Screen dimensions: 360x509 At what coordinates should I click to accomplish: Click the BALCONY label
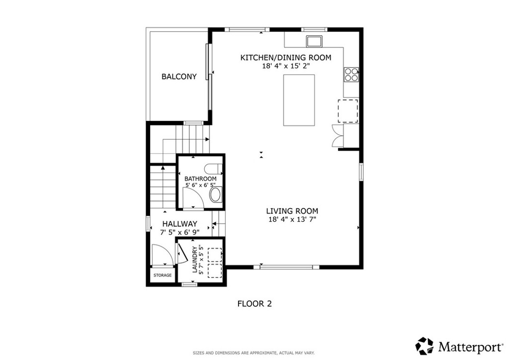(x=179, y=77)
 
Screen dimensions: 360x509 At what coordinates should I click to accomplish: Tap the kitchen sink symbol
(x=314, y=40)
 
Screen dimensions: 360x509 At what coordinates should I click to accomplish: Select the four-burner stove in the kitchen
(x=351, y=74)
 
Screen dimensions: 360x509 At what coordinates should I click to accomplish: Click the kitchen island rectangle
(x=299, y=100)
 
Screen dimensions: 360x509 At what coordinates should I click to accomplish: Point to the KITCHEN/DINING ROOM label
(x=285, y=58)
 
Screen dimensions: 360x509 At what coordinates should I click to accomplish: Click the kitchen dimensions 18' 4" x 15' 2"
(x=285, y=66)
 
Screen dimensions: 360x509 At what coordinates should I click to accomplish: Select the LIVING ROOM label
(x=293, y=211)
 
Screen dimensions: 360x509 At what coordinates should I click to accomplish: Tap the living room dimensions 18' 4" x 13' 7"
(x=293, y=219)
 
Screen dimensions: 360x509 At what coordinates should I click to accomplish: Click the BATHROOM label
(x=200, y=179)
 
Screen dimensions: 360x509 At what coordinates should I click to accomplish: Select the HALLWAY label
(x=178, y=224)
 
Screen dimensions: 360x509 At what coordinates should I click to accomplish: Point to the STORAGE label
(x=162, y=275)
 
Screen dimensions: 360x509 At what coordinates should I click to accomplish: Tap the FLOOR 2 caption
(x=254, y=303)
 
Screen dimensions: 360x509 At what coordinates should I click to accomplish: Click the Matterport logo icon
(x=424, y=345)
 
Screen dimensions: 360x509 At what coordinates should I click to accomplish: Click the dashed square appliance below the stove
(x=348, y=110)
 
